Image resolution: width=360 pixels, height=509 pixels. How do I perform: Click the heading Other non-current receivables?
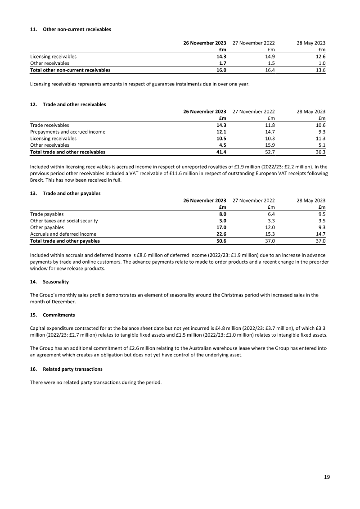[x=76, y=29]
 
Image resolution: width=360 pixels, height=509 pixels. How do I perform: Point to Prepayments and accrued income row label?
[x=67, y=132]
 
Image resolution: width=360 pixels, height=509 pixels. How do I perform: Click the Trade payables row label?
[x=47, y=214]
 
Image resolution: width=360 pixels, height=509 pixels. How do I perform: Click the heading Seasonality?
[x=56, y=282]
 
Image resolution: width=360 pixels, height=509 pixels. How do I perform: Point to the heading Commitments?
[x=58, y=315]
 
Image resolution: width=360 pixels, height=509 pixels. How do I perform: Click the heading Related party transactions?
[x=72, y=369]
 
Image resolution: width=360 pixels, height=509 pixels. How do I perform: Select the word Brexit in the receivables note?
[x=37, y=180]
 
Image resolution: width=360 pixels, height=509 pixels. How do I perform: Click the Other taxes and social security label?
[x=64, y=221]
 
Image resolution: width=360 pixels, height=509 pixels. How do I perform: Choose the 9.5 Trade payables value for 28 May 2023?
[x=321, y=214]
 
